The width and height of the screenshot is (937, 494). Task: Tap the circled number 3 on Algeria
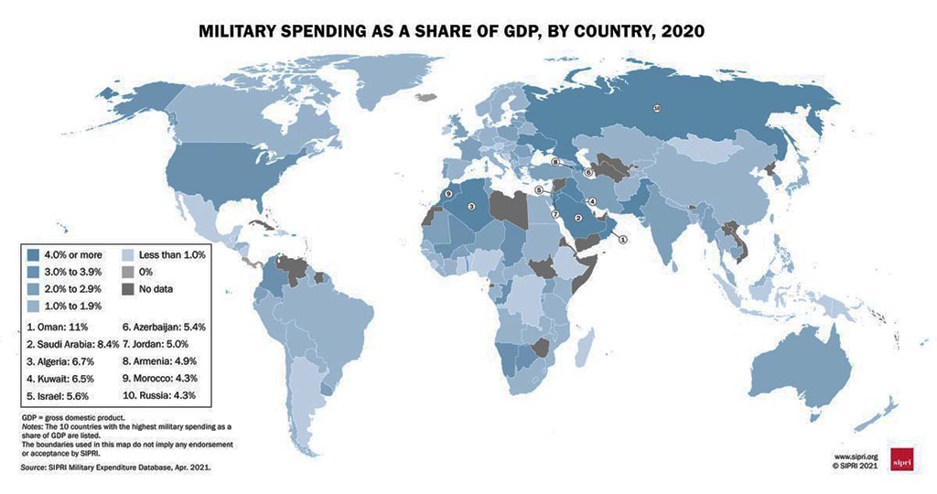click(471, 208)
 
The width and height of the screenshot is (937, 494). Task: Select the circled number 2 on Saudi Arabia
click(577, 217)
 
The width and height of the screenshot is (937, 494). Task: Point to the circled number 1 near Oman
click(623, 240)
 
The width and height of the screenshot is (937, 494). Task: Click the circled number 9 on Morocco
click(447, 194)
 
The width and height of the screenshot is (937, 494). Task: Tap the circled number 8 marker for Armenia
click(555, 163)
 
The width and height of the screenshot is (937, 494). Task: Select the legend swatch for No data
click(127, 288)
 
